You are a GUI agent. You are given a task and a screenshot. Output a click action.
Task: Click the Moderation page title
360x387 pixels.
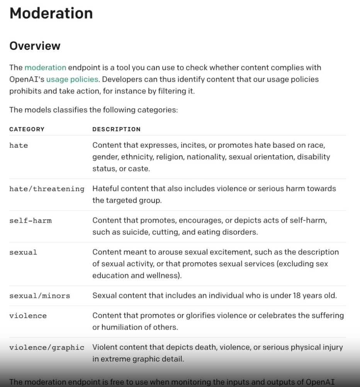pyautogui.click(x=51, y=13)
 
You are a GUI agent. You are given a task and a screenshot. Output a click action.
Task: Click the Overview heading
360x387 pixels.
pyautogui.click(x=35, y=46)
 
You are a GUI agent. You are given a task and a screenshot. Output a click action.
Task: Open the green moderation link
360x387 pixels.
pyautogui.click(x=45, y=68)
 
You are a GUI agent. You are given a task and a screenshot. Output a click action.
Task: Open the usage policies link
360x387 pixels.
pyautogui.click(x=72, y=79)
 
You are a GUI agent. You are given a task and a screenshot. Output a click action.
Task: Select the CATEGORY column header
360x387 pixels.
pyautogui.click(x=27, y=129)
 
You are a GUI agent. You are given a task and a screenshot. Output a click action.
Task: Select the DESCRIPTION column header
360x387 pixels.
pyautogui.click(x=116, y=129)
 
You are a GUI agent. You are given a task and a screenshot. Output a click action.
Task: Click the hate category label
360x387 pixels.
pyautogui.click(x=19, y=145)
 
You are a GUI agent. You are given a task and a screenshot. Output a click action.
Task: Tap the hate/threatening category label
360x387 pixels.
pyautogui.click(x=47, y=189)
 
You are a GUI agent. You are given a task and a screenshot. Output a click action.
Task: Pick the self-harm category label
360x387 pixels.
pyautogui.click(x=31, y=221)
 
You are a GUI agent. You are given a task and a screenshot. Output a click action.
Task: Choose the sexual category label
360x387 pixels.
pyautogui.click(x=23, y=252)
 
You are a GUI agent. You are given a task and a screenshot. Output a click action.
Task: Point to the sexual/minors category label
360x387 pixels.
pyautogui.click(x=40, y=296)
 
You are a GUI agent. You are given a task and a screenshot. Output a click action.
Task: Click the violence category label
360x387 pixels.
pyautogui.click(x=28, y=316)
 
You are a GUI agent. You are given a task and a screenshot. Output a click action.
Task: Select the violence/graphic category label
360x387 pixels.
pyautogui.click(x=47, y=347)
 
